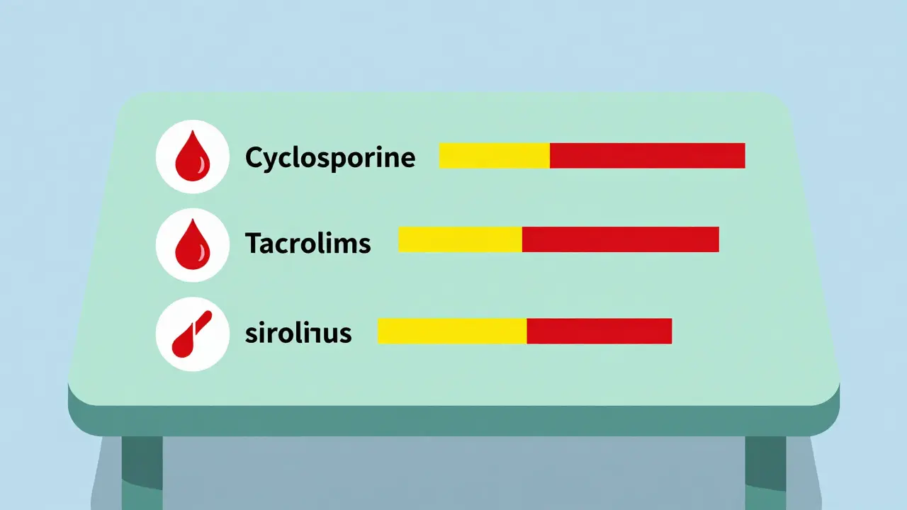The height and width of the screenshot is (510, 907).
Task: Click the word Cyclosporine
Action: (x=329, y=157)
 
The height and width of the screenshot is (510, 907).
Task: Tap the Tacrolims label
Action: (x=308, y=244)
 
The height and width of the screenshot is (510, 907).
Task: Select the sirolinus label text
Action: (x=298, y=332)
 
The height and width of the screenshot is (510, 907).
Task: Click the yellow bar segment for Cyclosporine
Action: (x=494, y=155)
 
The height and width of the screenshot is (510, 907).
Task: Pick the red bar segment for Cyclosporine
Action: (x=647, y=155)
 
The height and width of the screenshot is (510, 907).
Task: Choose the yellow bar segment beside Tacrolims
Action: (x=460, y=239)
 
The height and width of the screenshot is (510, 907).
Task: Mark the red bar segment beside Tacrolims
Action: (x=620, y=239)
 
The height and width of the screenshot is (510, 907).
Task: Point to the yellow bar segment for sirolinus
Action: (x=451, y=331)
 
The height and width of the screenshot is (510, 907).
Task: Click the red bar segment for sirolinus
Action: (x=599, y=331)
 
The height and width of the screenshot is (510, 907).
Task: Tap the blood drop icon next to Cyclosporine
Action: (x=192, y=157)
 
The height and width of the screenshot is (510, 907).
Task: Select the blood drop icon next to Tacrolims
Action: (x=192, y=245)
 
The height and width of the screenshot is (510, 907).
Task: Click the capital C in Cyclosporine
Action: (x=254, y=157)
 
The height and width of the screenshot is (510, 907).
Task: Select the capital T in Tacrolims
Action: (x=253, y=244)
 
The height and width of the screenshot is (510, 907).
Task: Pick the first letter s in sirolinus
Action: (x=250, y=334)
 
